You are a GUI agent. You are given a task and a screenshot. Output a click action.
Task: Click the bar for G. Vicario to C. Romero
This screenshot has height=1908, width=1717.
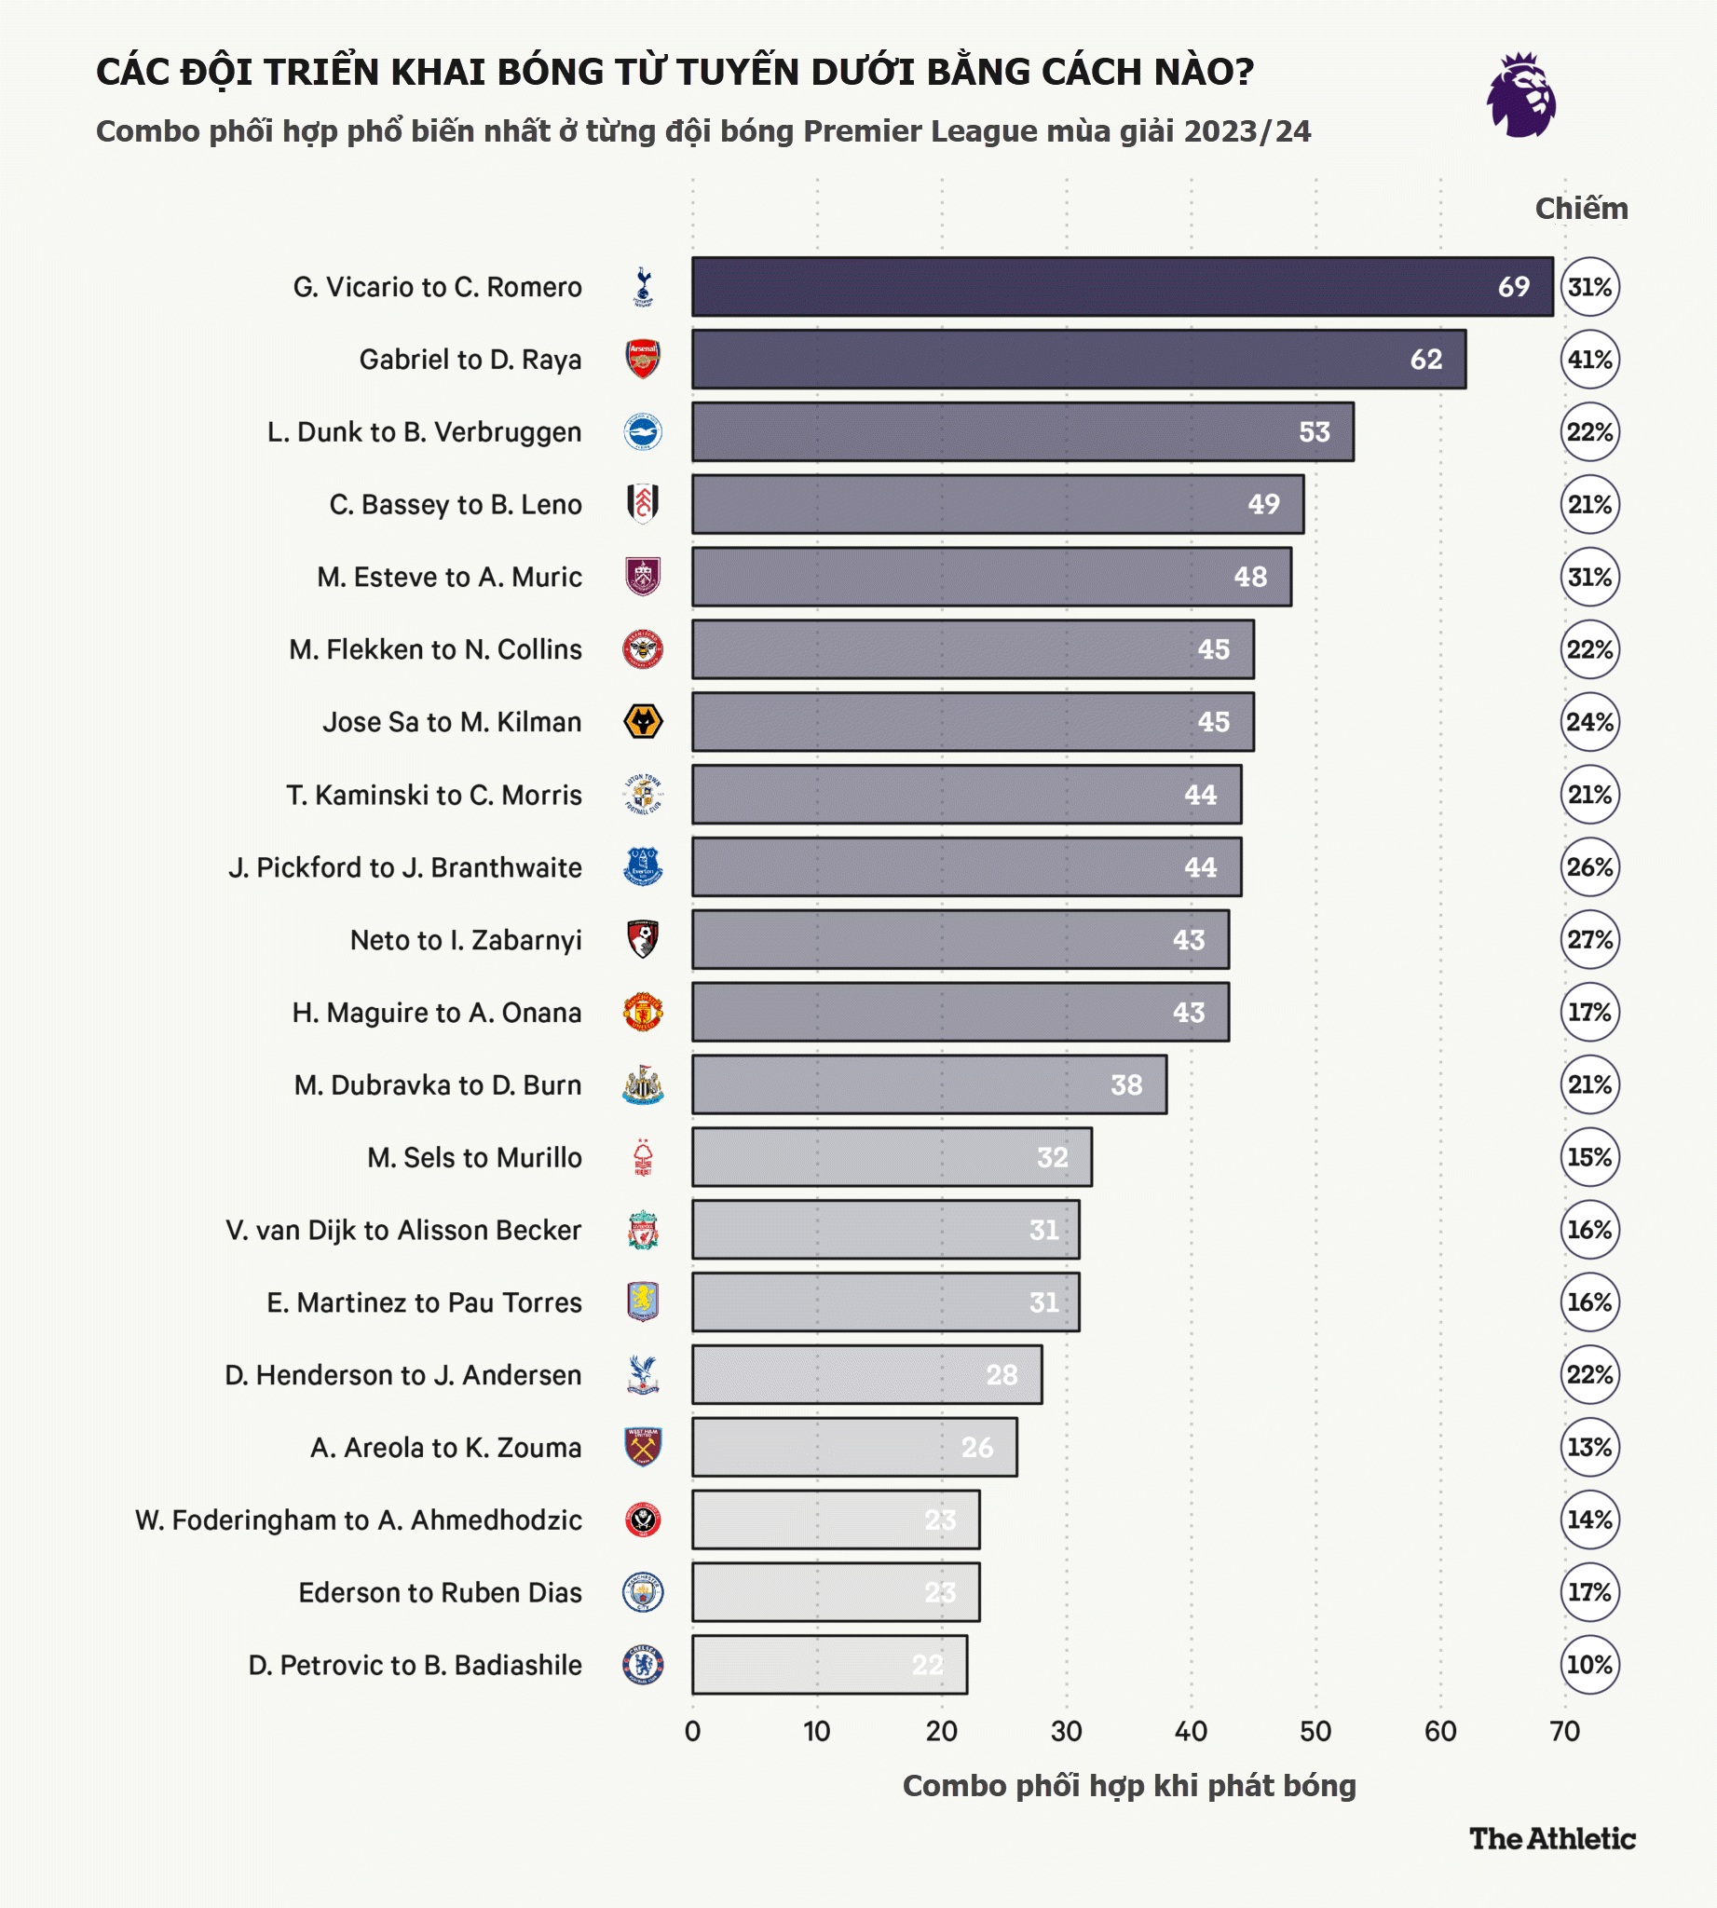tap(1122, 287)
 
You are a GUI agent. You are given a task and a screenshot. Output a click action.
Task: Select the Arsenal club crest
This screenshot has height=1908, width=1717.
tap(643, 360)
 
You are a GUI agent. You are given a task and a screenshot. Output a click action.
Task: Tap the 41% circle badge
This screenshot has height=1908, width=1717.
tap(1589, 360)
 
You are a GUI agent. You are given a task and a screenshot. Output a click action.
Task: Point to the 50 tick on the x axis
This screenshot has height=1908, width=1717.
tap(1315, 1732)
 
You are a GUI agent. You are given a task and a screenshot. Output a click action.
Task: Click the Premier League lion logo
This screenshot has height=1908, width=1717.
tap(1520, 95)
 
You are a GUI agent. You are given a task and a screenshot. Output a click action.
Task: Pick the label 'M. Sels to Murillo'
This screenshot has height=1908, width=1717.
tap(474, 1158)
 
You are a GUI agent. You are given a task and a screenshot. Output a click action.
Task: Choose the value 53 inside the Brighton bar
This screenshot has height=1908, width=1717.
tap(1315, 432)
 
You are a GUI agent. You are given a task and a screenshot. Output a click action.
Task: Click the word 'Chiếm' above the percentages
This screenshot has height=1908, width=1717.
tap(1581, 209)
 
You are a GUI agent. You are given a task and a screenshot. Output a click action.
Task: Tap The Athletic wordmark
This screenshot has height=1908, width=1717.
tap(1552, 1838)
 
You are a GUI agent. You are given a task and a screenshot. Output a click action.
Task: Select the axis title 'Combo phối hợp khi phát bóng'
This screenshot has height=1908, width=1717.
tap(1128, 1785)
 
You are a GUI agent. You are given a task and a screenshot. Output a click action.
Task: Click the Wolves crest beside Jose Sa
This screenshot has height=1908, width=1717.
tap(643, 722)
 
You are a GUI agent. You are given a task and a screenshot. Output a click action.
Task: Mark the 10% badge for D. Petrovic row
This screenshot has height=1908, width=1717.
tap(1589, 1665)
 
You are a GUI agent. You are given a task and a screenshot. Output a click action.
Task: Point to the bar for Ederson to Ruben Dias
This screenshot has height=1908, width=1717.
tap(835, 1592)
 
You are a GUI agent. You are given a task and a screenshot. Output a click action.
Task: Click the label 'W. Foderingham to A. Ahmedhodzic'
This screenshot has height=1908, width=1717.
tap(359, 1520)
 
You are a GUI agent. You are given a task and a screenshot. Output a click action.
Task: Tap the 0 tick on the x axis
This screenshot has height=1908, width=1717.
tap(692, 1732)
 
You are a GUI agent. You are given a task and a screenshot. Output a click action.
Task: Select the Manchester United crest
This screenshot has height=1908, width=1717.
tap(643, 1013)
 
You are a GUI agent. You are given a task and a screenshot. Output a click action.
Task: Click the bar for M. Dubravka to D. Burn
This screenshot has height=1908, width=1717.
tap(928, 1085)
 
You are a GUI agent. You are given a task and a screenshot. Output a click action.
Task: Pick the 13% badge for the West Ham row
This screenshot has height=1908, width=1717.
tap(1589, 1448)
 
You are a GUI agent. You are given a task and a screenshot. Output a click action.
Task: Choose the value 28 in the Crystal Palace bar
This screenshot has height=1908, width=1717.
tap(1002, 1375)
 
